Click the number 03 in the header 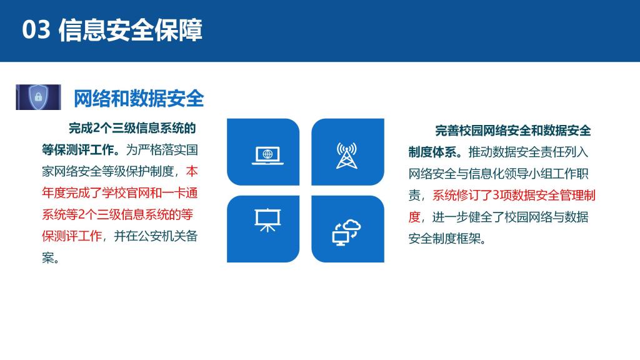tap(36, 30)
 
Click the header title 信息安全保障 tap(131, 30)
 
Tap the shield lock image tap(38, 97)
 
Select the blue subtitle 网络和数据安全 tap(139, 99)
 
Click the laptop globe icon tap(267, 156)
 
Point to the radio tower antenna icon tap(346, 156)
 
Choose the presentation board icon tap(267, 220)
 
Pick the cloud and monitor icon tap(346, 232)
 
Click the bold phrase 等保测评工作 tap(77, 150)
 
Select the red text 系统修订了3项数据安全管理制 tap(514, 196)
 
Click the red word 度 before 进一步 tap(414, 217)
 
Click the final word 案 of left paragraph tap(47, 257)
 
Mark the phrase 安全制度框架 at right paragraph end tap(444, 239)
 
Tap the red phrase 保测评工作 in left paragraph tap(72, 236)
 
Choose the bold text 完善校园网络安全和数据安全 tap(513, 131)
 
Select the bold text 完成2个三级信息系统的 tap(132, 128)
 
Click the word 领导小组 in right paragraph tap(540, 174)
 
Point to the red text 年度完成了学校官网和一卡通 tap(119, 192)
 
